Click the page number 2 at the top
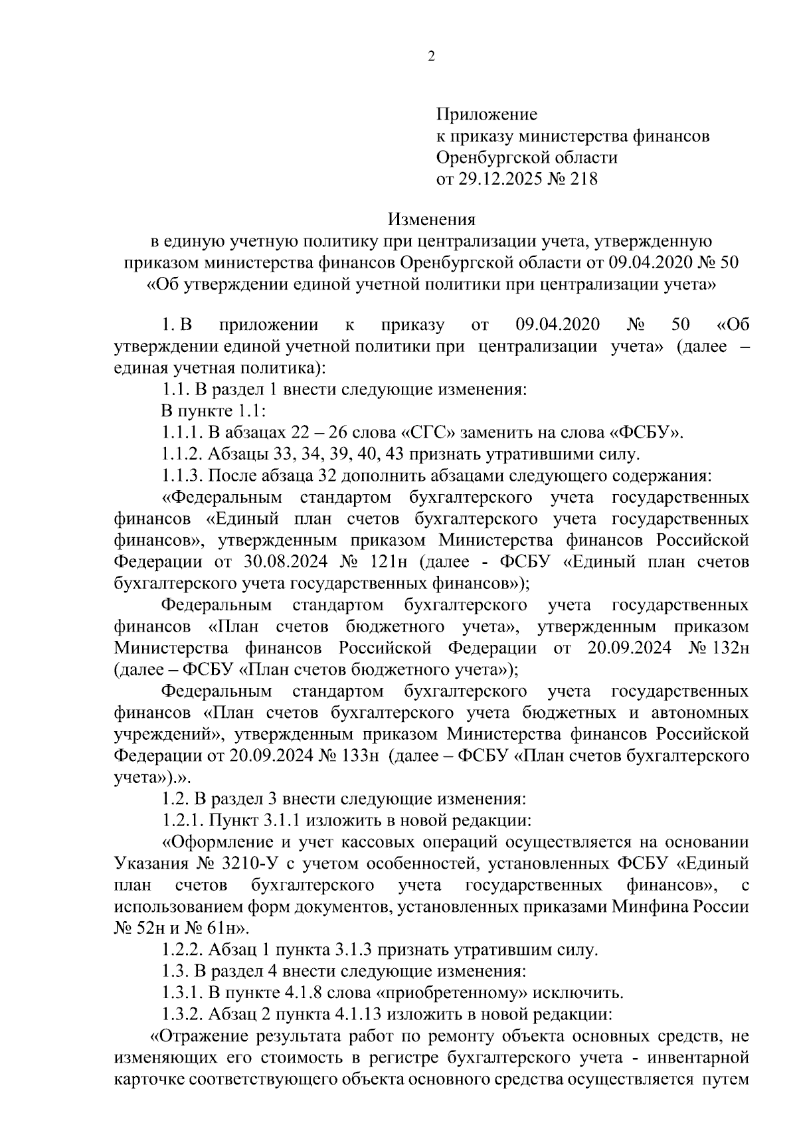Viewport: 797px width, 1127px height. click(x=432, y=57)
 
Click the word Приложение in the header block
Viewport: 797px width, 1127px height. click(x=486, y=115)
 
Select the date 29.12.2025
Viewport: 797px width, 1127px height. click(x=504, y=179)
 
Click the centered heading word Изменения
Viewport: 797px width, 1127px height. click(x=432, y=219)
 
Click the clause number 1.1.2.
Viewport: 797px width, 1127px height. click(x=182, y=455)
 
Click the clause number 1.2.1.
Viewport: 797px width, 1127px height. click(x=182, y=821)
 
